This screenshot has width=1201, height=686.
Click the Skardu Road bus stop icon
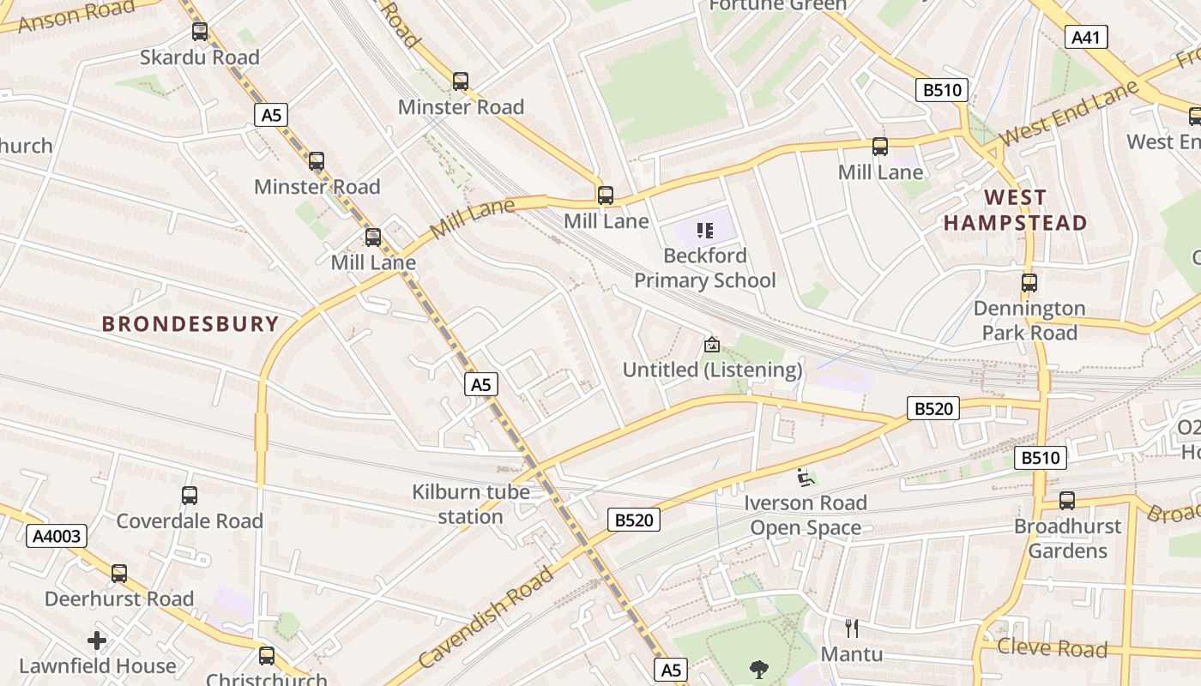click(x=200, y=32)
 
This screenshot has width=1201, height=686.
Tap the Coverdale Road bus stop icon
click(x=190, y=496)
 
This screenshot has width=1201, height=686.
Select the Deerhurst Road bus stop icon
click(x=119, y=574)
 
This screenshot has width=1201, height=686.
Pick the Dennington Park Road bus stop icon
click(x=1029, y=282)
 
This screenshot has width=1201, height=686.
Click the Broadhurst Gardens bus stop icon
click(x=1066, y=501)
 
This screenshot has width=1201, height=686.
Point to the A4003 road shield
click(x=57, y=537)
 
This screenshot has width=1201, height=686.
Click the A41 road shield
click(x=1086, y=37)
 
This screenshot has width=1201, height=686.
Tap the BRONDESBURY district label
click(x=190, y=324)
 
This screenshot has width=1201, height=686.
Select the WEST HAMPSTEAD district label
click(x=1015, y=210)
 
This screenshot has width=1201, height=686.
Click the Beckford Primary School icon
click(x=705, y=230)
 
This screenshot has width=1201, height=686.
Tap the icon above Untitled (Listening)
click(x=711, y=345)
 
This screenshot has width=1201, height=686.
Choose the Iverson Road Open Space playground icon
click(x=805, y=478)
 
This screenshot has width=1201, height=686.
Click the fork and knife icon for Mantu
click(x=851, y=629)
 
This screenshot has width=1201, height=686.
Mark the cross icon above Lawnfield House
click(x=97, y=641)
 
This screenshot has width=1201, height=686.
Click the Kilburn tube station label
click(x=470, y=504)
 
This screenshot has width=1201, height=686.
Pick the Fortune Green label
click(x=777, y=5)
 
